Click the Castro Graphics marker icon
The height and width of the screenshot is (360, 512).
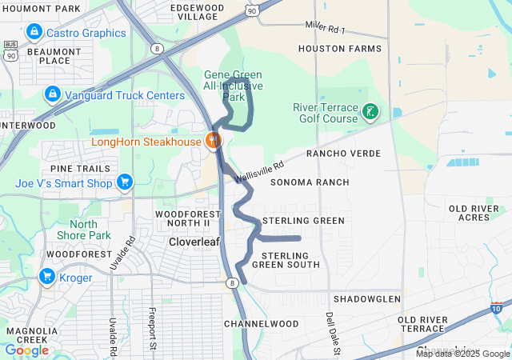pyautogui.click(x=34, y=33)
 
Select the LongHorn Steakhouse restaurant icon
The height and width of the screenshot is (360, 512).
pyautogui.click(x=213, y=142)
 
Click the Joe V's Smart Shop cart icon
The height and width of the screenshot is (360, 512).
pyautogui.click(x=124, y=182)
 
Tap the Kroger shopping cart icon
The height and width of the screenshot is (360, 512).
pyautogui.click(x=47, y=278)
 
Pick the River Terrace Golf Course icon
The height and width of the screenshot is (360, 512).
pyautogui.click(x=370, y=111)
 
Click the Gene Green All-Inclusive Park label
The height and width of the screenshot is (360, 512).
pyautogui.click(x=233, y=86)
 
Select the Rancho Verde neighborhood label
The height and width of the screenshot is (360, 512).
pyautogui.click(x=343, y=153)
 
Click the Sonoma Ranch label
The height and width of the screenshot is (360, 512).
pyautogui.click(x=310, y=182)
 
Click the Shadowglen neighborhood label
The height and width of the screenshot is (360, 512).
pyautogui.click(x=366, y=298)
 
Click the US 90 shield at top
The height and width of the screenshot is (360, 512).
pyautogui.click(x=253, y=10)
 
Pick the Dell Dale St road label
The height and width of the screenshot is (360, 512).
pyautogui.click(x=334, y=333)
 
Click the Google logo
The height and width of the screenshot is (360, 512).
pyautogui.click(x=26, y=350)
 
